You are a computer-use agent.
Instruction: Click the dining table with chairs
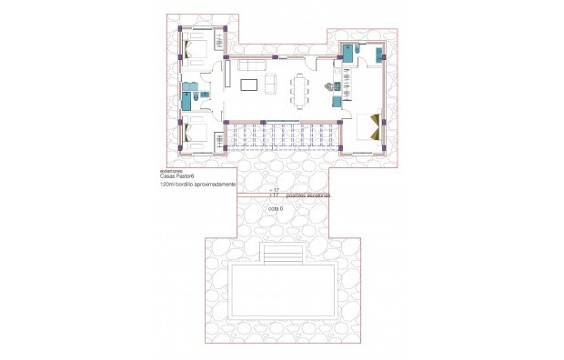(x=300, y=86)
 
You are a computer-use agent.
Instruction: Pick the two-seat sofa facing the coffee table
(x=269, y=85)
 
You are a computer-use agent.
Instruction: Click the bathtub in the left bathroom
(x=186, y=97)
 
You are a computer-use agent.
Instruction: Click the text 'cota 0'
(x=276, y=209)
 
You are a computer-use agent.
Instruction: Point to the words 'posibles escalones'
(x=307, y=195)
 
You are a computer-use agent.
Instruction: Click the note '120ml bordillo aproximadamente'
(x=197, y=185)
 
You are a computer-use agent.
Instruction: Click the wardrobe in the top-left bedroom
(x=219, y=38)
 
